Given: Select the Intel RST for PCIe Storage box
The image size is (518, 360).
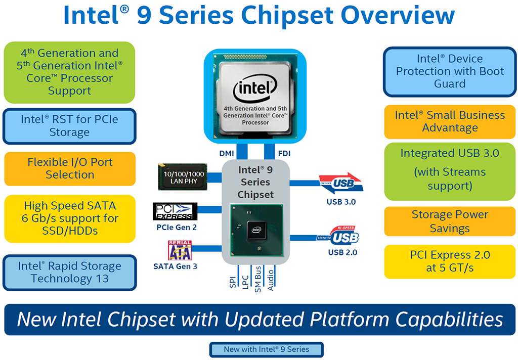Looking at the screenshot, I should click(70, 126).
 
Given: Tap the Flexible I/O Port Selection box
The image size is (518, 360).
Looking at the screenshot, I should click(70, 168).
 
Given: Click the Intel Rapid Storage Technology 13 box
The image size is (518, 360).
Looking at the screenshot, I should click(70, 273).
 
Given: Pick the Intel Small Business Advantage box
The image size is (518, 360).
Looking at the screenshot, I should click(450, 122).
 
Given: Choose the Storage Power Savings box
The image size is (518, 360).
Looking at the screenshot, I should click(450, 221).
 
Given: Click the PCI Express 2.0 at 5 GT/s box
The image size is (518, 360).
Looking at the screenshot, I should click(450, 261).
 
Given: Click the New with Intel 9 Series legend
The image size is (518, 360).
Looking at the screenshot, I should click(266, 349).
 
